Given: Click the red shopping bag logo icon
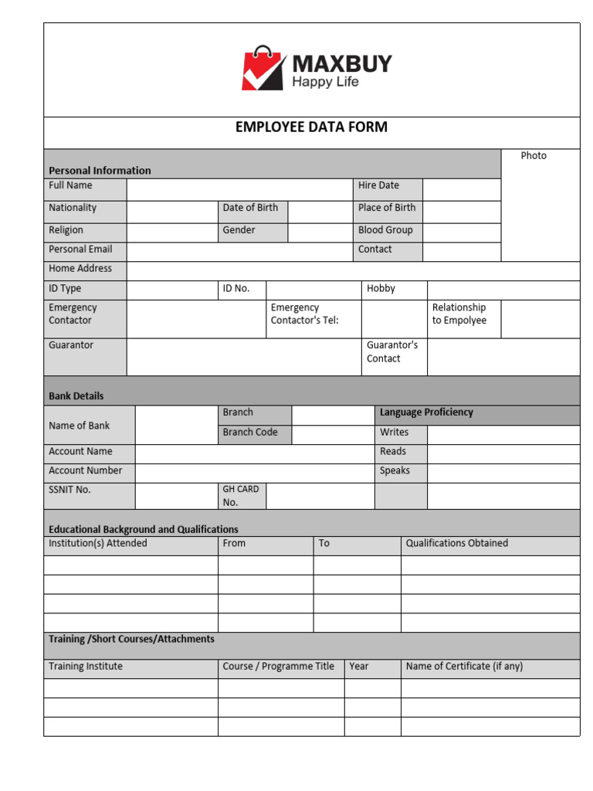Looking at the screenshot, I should pos(263,69).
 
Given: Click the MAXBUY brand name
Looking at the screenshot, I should pos(341,63).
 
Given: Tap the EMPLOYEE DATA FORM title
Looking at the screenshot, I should pos(311,127).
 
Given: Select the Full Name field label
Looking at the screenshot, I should pos(70,185).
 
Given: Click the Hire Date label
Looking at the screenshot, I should pos(378,185).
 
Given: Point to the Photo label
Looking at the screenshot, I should pos(534,156).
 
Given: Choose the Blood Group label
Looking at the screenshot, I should pos(385,230).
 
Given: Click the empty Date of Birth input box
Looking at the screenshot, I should pos(319,212).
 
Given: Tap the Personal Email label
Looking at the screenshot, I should pos(80,250).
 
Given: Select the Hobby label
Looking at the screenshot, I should pos(381,289).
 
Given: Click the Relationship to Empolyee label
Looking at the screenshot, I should pos(459,314).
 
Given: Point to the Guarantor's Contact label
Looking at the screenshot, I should pos(392,351).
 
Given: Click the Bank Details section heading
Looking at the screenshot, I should pos(76,395).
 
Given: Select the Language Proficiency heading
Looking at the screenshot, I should pos(426,412).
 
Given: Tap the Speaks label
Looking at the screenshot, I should pos(395,470).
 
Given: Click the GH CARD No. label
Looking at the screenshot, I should pos(241,495).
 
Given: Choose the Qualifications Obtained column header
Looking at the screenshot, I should pos(457,543).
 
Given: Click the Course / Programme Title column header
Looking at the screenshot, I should pos(279,667).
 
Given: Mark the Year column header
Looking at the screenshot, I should pos(359,667).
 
